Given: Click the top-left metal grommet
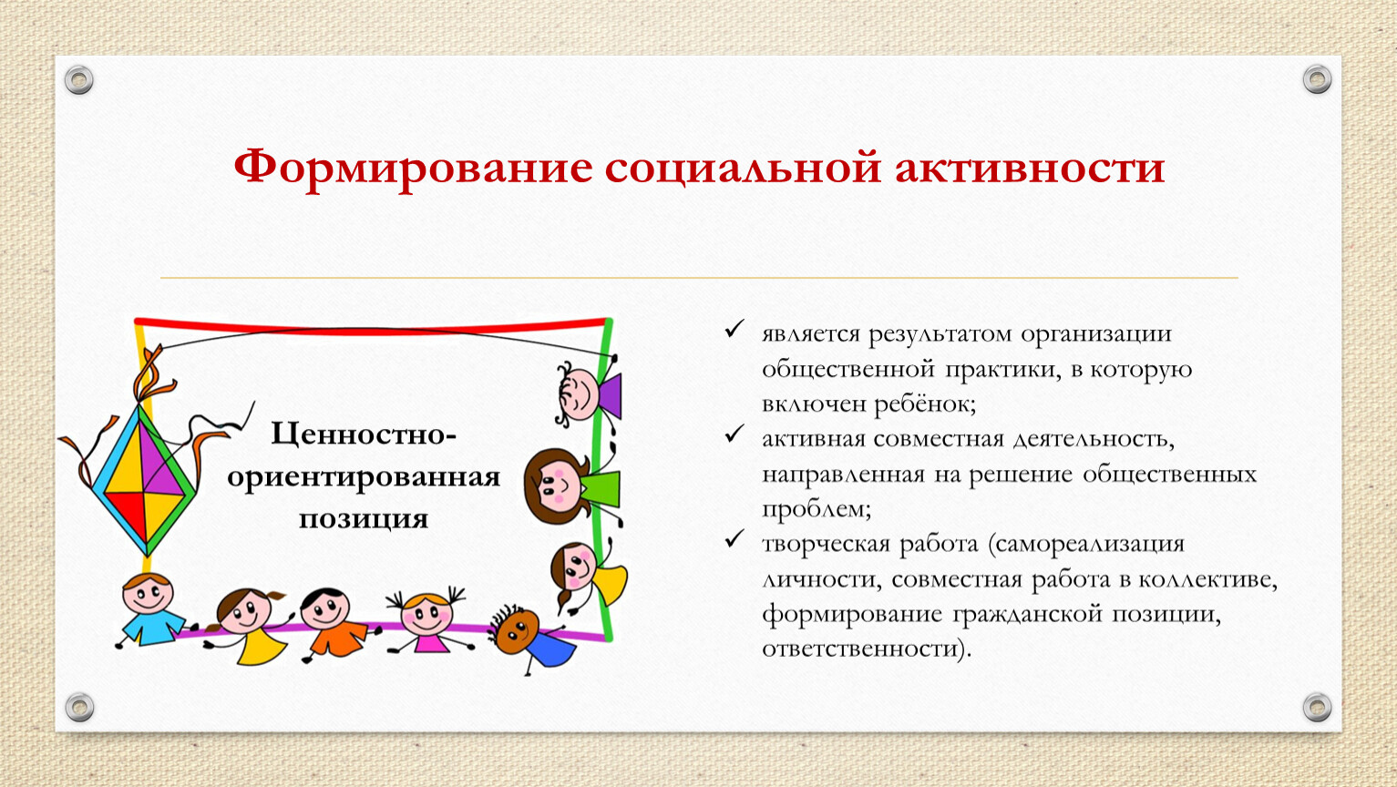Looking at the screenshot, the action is coord(79,80).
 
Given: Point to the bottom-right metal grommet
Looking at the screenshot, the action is coord(1317,707).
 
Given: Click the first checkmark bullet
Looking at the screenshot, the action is coord(734,329).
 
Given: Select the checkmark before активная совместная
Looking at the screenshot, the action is coord(734,434).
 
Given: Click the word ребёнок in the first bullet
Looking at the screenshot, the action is coord(925,404).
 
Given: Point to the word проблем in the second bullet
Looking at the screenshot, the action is coord(817,510).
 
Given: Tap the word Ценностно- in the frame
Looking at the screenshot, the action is coord(364,434).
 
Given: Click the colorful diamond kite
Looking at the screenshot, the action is coord(145,479).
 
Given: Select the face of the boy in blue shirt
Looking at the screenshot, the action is coord(147,594).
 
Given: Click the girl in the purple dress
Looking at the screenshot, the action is coord(589,394).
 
